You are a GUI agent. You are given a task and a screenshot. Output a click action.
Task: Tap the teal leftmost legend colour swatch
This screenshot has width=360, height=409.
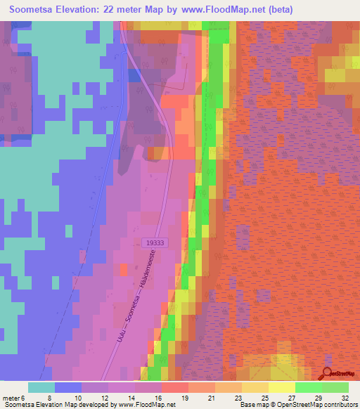pyautogui.click(x=41, y=387)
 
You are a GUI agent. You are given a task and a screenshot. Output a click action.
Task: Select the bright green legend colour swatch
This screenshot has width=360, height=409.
pyautogui.click(x=309, y=387)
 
